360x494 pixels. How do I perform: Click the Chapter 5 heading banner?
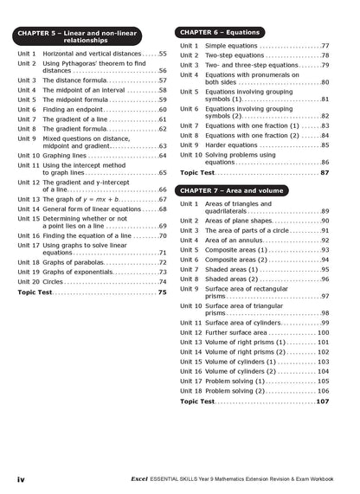[91, 36]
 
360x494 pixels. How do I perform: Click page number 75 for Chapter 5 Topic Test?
[162, 292]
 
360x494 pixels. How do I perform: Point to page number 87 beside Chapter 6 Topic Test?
[324, 173]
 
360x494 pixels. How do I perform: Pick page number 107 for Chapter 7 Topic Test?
[323, 401]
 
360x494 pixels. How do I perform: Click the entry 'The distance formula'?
[78, 80]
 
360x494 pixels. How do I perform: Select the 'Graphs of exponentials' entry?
[83, 272]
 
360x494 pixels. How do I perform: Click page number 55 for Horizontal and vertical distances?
[162, 54]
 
